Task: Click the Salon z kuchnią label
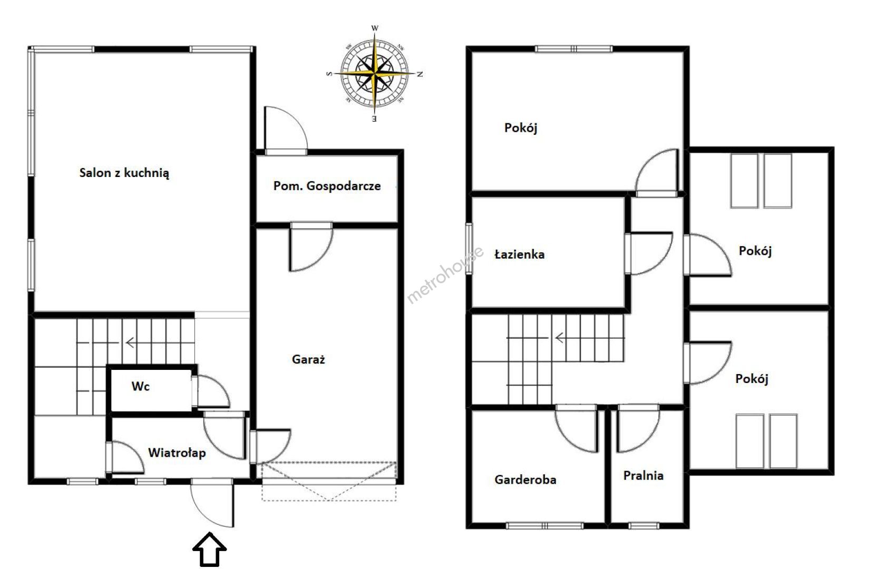coord(124,173)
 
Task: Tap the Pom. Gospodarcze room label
coord(327,185)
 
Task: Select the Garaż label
coord(308,359)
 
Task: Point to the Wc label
coord(141,386)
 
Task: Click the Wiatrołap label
coord(177,453)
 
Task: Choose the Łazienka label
coord(519,254)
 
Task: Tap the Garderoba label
coord(526,479)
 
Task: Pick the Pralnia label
coord(643,475)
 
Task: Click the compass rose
coord(375,74)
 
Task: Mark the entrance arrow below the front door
coord(210,549)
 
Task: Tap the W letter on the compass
coord(375,28)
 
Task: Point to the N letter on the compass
coord(420,74)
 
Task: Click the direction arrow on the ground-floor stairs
coord(130,342)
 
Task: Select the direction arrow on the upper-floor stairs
coord(560,338)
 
